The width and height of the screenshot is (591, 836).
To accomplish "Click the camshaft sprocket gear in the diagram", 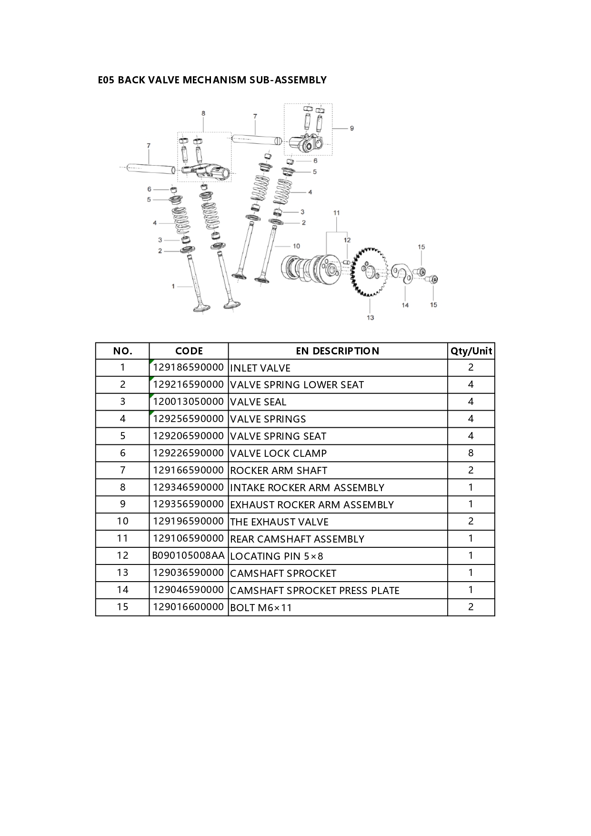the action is pos(369,272).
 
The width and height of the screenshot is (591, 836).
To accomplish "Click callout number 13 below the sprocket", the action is pos(371,317).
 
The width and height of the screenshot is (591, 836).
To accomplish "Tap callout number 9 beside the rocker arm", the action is pos(352,128).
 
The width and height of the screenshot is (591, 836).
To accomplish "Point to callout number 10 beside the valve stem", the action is pos(296,246).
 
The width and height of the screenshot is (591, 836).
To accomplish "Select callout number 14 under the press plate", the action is pos(405,305).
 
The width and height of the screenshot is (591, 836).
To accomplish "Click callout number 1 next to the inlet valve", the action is pos(173,286).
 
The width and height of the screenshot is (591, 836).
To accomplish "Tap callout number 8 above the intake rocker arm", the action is pos(203,113).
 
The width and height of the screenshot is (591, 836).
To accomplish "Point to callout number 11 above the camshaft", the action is pos(336,213).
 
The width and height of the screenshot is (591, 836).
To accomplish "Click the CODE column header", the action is pos(189,351).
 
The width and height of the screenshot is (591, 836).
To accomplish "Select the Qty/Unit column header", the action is pos(471,351).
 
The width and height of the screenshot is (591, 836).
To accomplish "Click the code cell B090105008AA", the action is pos(189,555).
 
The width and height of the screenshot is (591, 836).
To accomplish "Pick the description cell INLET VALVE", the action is pos(260,368).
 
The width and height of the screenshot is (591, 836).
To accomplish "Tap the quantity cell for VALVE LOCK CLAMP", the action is pos(471,453).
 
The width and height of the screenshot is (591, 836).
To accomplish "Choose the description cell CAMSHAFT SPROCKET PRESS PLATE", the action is pos(314,590).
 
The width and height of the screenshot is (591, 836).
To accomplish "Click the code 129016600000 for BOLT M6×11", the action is pos(188,606).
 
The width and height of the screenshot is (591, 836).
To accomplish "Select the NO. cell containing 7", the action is pos(122,470).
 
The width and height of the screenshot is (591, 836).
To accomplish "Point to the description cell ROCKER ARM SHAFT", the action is pos(279,471).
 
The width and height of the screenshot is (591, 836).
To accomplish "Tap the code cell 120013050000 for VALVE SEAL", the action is pos(188,402).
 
